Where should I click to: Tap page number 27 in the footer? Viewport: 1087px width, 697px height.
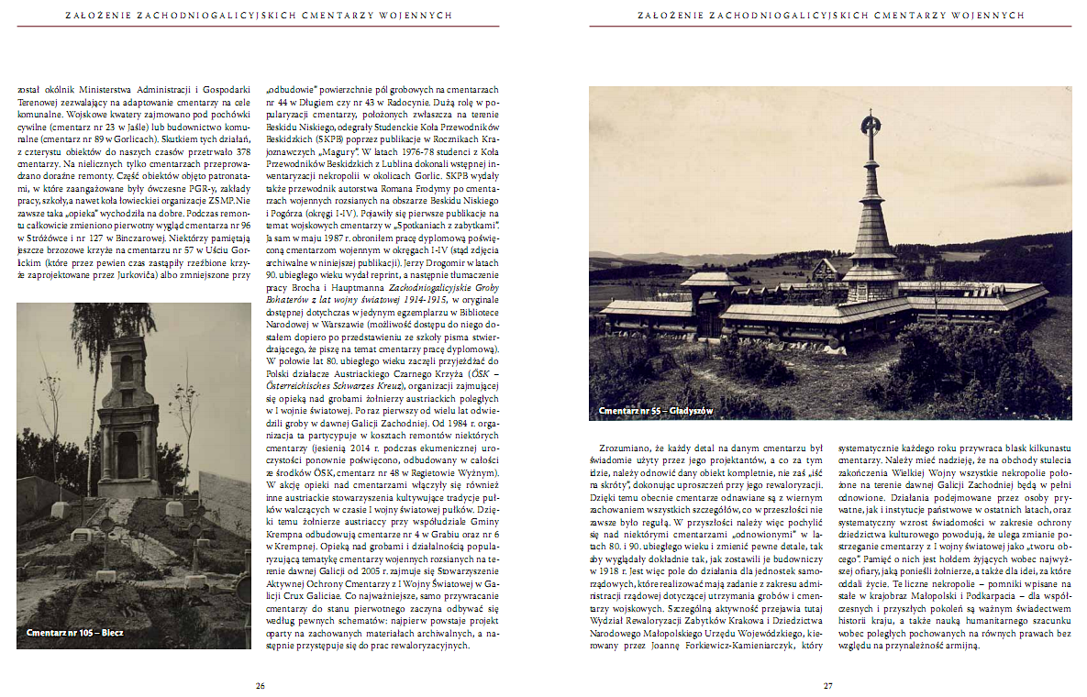tap(827, 685)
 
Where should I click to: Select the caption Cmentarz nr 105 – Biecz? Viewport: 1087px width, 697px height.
tap(75, 633)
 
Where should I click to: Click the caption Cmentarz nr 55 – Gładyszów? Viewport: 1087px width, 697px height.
tap(656, 411)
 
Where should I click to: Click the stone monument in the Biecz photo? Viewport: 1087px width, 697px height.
tap(127, 413)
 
